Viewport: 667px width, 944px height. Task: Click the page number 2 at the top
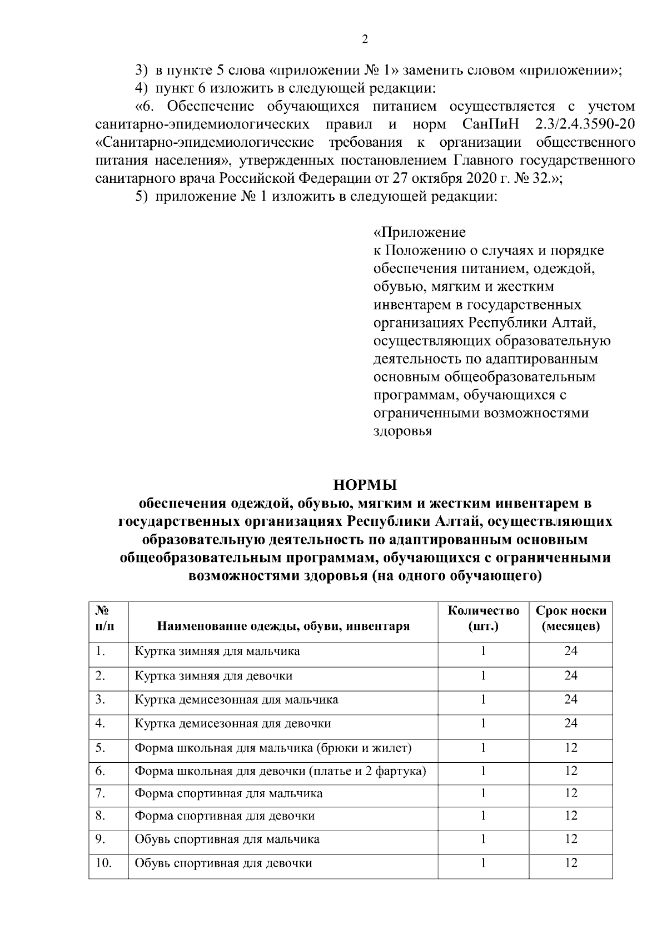point(365,39)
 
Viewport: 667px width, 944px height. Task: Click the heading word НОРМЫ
point(365,485)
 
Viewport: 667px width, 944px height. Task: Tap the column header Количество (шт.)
point(484,618)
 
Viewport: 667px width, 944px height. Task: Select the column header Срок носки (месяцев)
point(571,618)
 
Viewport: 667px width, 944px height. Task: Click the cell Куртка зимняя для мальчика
point(217,651)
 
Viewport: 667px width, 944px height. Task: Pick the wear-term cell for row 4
point(571,723)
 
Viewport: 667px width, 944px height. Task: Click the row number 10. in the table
point(103,863)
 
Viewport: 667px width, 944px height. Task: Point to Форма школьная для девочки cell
point(280,771)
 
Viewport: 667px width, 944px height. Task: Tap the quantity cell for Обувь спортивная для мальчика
point(484,839)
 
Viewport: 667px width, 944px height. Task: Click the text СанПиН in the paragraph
point(490,124)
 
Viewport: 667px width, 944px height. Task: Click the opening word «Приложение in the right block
point(419,232)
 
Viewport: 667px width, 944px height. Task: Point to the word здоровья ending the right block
point(402,431)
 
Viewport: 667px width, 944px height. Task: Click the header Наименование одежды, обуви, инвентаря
point(283,627)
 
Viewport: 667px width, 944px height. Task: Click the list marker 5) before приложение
point(143,197)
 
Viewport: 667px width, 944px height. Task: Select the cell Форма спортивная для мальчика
point(228,794)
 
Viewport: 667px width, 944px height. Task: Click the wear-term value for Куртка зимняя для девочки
point(571,676)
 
